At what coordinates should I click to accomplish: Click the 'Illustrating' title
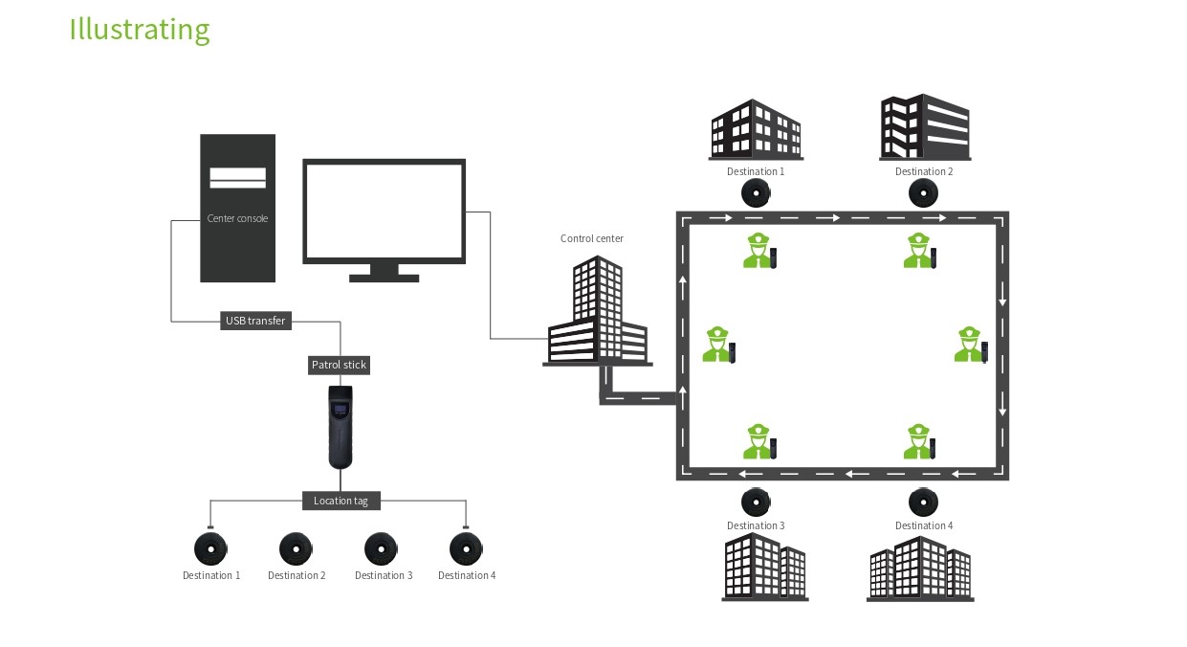140,30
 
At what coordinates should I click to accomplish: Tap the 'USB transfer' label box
255,321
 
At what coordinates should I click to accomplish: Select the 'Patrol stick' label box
339,365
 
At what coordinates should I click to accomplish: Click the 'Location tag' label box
341,501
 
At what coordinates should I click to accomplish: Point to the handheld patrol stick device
341,427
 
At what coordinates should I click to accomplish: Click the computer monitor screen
385,212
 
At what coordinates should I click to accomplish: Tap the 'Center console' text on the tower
237,218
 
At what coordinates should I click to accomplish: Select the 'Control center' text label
592,238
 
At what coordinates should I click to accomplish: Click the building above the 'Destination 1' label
756,129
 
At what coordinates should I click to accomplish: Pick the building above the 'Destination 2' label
925,126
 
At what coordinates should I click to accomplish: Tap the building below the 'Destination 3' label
764,567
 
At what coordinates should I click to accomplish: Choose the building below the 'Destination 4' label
920,569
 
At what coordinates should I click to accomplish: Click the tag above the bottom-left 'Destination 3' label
381,548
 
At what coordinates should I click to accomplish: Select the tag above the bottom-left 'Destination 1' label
210,548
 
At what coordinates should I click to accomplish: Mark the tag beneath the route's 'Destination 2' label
923,193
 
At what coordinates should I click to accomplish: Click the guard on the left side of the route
719,345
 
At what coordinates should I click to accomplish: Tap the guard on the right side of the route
971,345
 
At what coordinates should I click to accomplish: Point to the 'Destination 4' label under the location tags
467,575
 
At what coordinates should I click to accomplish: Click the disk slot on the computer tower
237,178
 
